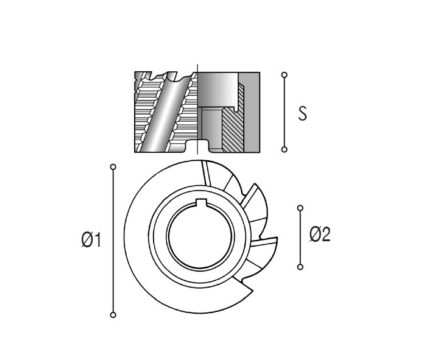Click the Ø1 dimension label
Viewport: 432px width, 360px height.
tap(91, 239)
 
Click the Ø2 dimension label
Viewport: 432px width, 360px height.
tap(320, 235)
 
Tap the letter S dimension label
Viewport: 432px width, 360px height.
tap(302, 113)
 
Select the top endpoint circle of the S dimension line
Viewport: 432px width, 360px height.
tap(285, 75)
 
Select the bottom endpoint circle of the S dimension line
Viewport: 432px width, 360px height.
tap(285, 149)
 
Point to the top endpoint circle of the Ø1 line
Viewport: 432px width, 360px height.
tap(113, 167)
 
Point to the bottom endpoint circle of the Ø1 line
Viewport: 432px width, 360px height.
tap(113, 315)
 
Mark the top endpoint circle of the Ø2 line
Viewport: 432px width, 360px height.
tap(300, 208)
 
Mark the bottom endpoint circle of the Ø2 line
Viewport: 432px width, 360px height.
tap(300, 267)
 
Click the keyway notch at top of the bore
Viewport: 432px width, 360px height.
tap(201, 202)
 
